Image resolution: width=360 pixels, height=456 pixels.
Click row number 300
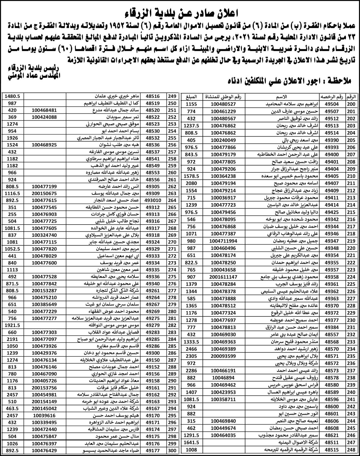tap(172, 451)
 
